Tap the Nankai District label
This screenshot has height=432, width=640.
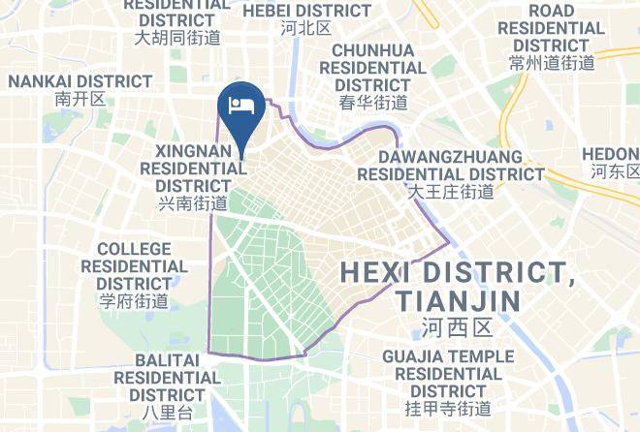pos(80,82)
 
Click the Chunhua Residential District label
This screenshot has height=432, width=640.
pos(373,67)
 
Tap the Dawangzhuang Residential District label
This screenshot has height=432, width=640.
pos(451,165)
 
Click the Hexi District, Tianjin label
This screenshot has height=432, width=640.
pos(458,286)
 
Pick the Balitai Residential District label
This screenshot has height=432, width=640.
pos(167,377)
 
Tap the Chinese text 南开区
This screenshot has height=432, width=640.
pos(80,100)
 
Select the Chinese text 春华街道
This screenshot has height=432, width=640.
pos(373,102)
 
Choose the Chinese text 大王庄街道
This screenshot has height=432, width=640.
pos(451,192)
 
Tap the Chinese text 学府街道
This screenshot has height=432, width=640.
pos(134,300)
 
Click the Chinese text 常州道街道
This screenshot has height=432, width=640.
pos(551,63)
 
